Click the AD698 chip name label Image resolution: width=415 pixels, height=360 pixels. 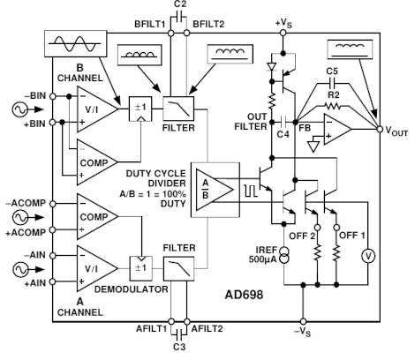pos(244,295)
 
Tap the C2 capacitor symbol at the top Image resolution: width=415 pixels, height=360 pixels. pos(179,17)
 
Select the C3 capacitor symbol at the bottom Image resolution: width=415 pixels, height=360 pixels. pos(179,334)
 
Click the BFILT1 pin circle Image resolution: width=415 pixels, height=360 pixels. pos(170,33)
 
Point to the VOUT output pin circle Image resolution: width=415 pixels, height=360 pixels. pos(380,129)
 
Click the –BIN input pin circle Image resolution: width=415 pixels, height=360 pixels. pos(52,96)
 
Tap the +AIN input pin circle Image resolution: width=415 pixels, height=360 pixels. pos(52,281)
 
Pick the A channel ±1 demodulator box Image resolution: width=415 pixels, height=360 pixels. pos(141,268)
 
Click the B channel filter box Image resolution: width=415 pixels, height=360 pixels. pos(178,109)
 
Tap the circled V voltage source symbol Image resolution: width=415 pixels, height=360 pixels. pos(368,256)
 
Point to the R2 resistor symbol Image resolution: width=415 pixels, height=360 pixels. pos(333,106)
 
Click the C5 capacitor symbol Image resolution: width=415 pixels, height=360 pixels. pos(333,84)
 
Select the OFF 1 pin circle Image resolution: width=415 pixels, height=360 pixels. pos(336,228)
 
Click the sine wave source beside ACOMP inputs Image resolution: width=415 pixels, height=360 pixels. pos(20,218)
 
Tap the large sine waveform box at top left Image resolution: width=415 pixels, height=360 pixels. pos(75,43)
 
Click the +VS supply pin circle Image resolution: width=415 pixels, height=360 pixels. pos(283,33)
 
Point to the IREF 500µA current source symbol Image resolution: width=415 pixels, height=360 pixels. pos(283,255)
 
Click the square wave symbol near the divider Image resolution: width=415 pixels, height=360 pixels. pos(251,191)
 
